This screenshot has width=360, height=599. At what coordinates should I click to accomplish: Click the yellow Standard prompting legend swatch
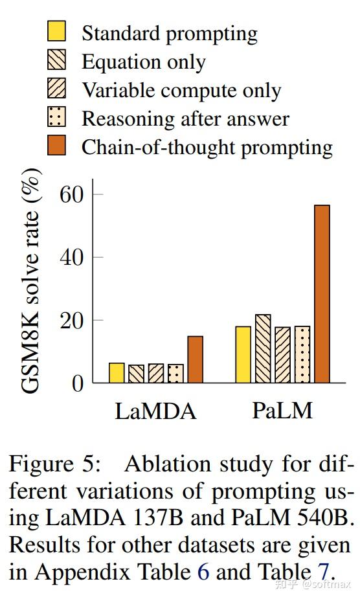pyautogui.click(x=57, y=31)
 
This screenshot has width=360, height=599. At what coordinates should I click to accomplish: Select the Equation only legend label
pyautogui.click(x=143, y=62)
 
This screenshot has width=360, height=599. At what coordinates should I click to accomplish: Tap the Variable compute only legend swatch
pyautogui.click(x=57, y=89)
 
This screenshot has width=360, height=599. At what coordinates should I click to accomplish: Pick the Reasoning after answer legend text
pyautogui.click(x=185, y=119)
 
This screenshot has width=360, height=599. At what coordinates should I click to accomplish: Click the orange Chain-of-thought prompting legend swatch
pyautogui.click(x=57, y=146)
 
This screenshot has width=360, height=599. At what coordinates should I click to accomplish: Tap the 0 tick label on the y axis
pyautogui.click(x=77, y=383)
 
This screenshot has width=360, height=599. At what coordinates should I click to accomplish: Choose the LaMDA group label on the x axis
pyautogui.click(x=155, y=411)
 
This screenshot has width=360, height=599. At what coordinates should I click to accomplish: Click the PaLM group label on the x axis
pyautogui.click(x=282, y=411)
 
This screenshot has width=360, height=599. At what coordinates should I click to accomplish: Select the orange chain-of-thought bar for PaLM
pyautogui.click(x=322, y=294)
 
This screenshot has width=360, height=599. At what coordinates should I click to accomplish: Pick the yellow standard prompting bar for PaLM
pyautogui.click(x=243, y=355)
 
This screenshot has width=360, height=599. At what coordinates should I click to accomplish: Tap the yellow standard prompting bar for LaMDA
pyautogui.click(x=117, y=373)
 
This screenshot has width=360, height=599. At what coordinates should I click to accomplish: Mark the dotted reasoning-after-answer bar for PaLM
pyautogui.click(x=302, y=355)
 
